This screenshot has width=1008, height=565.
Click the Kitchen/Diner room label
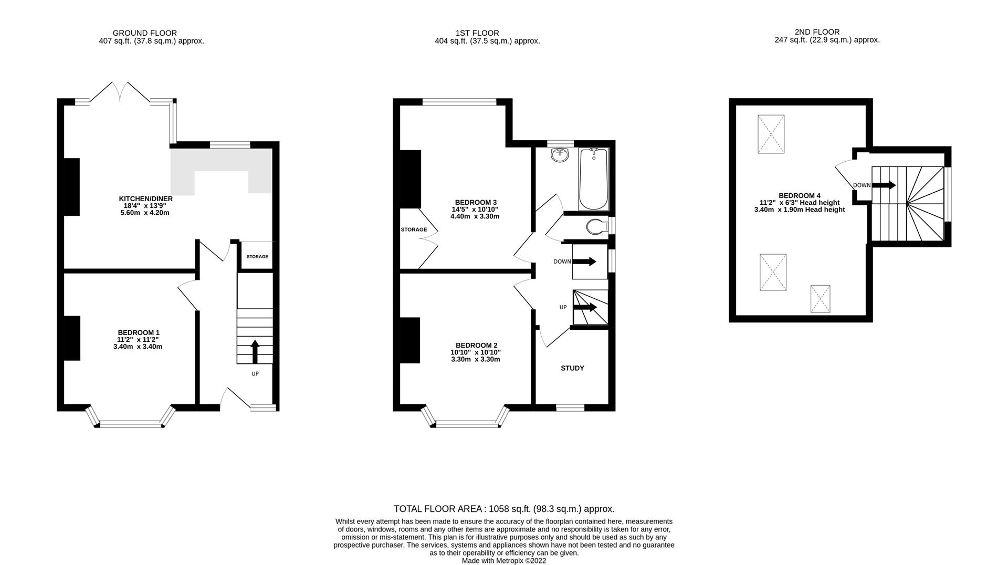click(x=145, y=199)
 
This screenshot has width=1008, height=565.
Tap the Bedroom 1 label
click(x=138, y=332)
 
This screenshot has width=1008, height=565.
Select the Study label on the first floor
click(x=572, y=368)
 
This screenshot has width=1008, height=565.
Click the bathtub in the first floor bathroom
click(x=593, y=179)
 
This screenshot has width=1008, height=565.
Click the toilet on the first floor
click(x=596, y=227)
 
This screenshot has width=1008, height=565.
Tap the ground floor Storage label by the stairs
click(x=257, y=257)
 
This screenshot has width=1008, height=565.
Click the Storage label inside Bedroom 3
click(x=414, y=229)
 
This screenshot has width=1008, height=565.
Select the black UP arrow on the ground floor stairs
click(x=255, y=351)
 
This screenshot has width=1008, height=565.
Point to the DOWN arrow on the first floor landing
click(x=584, y=261)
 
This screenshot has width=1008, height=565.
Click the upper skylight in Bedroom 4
click(x=771, y=134)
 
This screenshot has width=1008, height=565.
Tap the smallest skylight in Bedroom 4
click(x=820, y=299)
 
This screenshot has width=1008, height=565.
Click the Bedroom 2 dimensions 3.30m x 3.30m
click(x=475, y=360)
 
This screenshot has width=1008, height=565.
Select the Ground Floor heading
click(x=145, y=33)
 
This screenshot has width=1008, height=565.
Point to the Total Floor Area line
click(x=504, y=509)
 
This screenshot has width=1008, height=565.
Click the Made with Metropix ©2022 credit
click(x=504, y=561)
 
